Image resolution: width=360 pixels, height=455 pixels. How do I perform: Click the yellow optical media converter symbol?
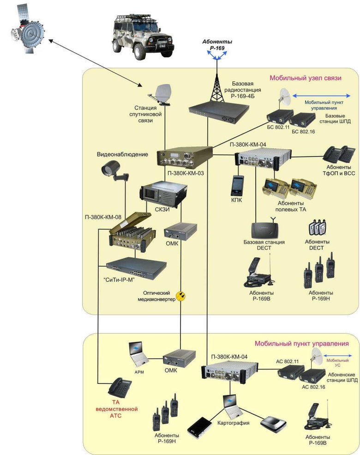[182, 295]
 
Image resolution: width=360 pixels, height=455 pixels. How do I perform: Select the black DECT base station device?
[264, 229]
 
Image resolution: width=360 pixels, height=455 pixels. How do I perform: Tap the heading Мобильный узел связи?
[305, 78]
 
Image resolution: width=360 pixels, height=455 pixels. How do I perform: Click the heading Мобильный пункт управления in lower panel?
[301, 344]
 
